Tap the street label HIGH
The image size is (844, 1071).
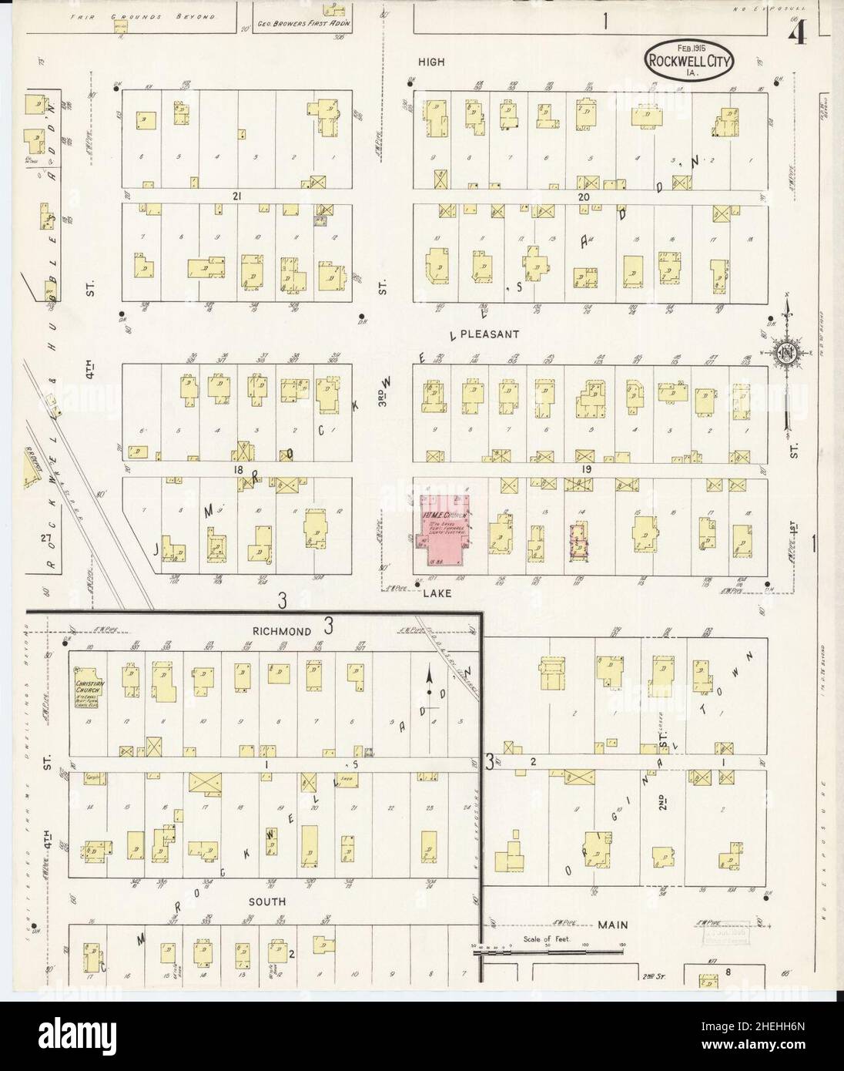point(432,62)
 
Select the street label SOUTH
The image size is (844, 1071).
point(267,901)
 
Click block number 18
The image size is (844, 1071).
point(227,468)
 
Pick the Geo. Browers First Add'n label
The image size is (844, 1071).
point(303,24)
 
